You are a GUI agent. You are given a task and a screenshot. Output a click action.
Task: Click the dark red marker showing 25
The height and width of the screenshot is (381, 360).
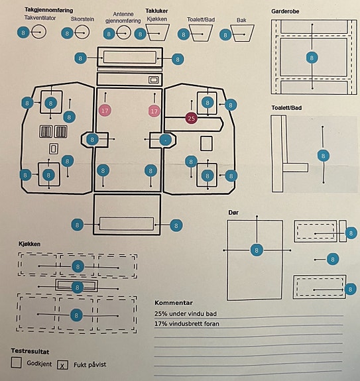pyautogui.click(x=192, y=119)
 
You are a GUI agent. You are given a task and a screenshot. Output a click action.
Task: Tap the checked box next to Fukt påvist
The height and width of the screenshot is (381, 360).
pyautogui.click(x=62, y=365)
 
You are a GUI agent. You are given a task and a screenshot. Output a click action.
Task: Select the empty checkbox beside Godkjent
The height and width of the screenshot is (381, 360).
pyautogui.click(x=17, y=362)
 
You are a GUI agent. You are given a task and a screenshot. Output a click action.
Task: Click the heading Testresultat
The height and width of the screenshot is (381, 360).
pyautogui.click(x=30, y=351)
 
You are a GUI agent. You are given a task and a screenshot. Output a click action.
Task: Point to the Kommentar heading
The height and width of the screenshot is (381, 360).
pyautogui.click(x=174, y=303)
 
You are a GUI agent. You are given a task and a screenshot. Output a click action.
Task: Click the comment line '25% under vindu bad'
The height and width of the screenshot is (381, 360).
pyautogui.click(x=186, y=313)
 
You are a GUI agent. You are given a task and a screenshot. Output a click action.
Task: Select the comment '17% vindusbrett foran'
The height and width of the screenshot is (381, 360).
pyautogui.click(x=187, y=323)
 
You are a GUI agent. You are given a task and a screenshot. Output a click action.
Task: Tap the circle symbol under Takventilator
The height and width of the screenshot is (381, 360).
pyautogui.click(x=39, y=32)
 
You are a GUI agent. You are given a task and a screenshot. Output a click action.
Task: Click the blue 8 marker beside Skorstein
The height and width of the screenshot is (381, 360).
pyautogui.click(x=68, y=33)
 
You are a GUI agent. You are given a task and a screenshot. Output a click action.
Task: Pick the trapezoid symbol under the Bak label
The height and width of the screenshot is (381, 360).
pyautogui.click(x=243, y=33)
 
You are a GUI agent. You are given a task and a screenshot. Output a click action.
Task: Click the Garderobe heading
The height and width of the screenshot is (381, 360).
pyautogui.click(x=285, y=11)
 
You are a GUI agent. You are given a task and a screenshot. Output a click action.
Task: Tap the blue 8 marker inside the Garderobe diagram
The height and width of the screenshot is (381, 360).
pyautogui.click(x=312, y=58)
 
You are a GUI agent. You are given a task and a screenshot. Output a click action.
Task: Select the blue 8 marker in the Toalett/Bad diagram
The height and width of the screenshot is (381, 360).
pyautogui.click(x=324, y=156)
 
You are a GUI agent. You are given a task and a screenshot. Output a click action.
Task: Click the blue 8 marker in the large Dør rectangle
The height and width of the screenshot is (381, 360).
pyautogui.click(x=257, y=250)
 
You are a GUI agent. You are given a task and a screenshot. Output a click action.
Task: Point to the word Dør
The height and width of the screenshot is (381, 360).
pyautogui.click(x=233, y=213)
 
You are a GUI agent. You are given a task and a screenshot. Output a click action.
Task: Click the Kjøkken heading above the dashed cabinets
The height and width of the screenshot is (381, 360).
pyautogui.click(x=29, y=244)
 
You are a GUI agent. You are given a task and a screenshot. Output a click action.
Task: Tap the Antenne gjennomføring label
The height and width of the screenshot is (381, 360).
pyautogui.click(x=123, y=17)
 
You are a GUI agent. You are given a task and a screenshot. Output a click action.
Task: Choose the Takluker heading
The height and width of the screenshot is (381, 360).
pyautogui.click(x=156, y=11)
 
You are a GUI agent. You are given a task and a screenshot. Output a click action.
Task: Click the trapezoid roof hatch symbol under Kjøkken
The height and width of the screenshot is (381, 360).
pyautogui.click(x=158, y=32)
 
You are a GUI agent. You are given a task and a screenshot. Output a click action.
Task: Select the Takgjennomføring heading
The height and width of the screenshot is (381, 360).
pyautogui.click(x=49, y=10)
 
